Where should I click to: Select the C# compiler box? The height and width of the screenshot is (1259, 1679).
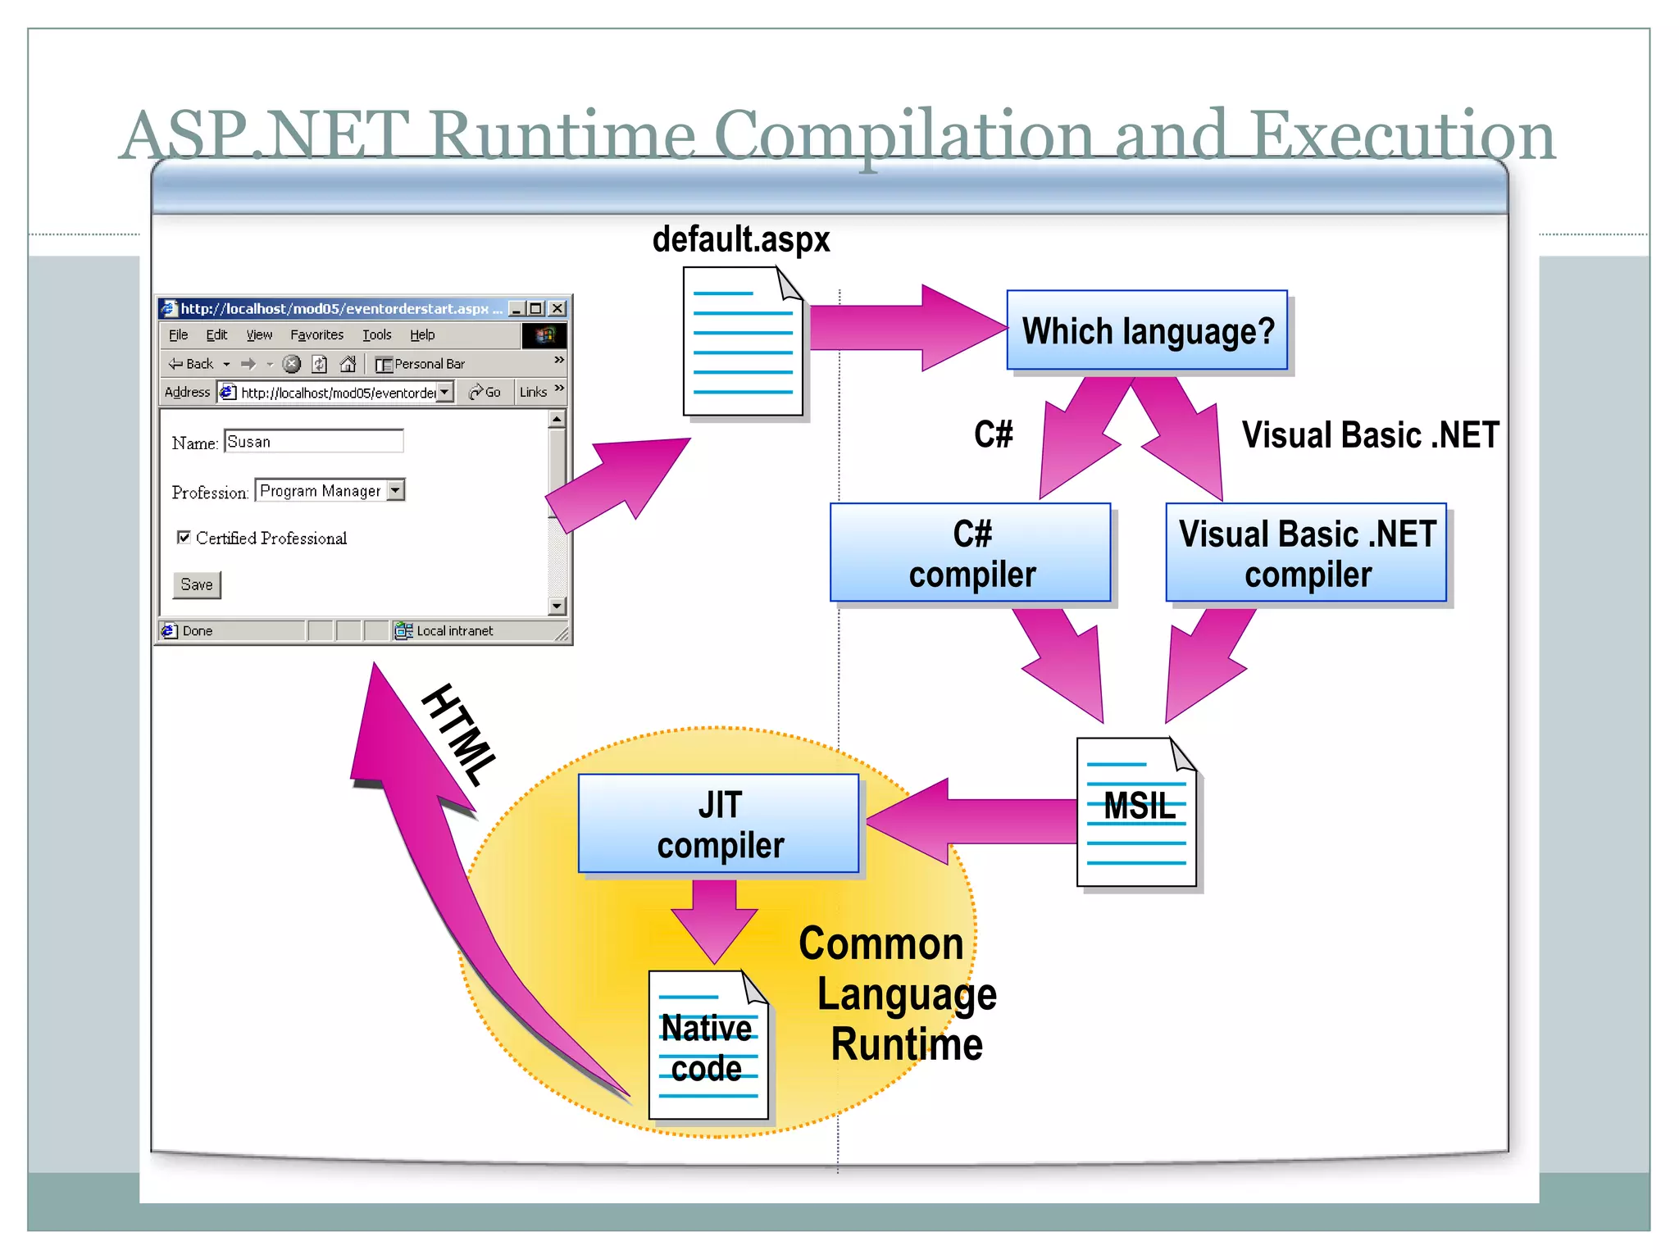click(x=971, y=553)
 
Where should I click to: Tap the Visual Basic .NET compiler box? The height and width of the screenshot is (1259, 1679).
click(x=1306, y=553)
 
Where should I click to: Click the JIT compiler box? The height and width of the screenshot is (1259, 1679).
click(x=718, y=824)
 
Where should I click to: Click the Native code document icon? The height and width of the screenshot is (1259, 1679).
click(x=708, y=1046)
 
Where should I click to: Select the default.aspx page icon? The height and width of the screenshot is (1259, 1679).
click(x=743, y=343)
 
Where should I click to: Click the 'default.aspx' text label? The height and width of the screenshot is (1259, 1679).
click(x=740, y=239)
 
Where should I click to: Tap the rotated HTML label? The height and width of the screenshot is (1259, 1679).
click(x=460, y=734)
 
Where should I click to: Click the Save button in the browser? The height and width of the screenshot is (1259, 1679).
click(x=197, y=584)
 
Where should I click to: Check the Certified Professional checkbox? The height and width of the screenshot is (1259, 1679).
click(x=184, y=538)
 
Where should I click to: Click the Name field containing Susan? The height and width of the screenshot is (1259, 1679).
click(x=313, y=442)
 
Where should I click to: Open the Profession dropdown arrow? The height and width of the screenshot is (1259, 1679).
click(x=396, y=490)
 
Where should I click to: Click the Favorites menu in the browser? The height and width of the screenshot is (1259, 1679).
click(x=316, y=334)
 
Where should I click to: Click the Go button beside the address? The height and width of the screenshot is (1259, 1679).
click(x=485, y=393)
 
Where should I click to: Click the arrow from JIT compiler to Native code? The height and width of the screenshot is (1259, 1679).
click(x=714, y=918)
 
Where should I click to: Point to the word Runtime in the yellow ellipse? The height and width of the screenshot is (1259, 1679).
click(x=906, y=1044)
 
